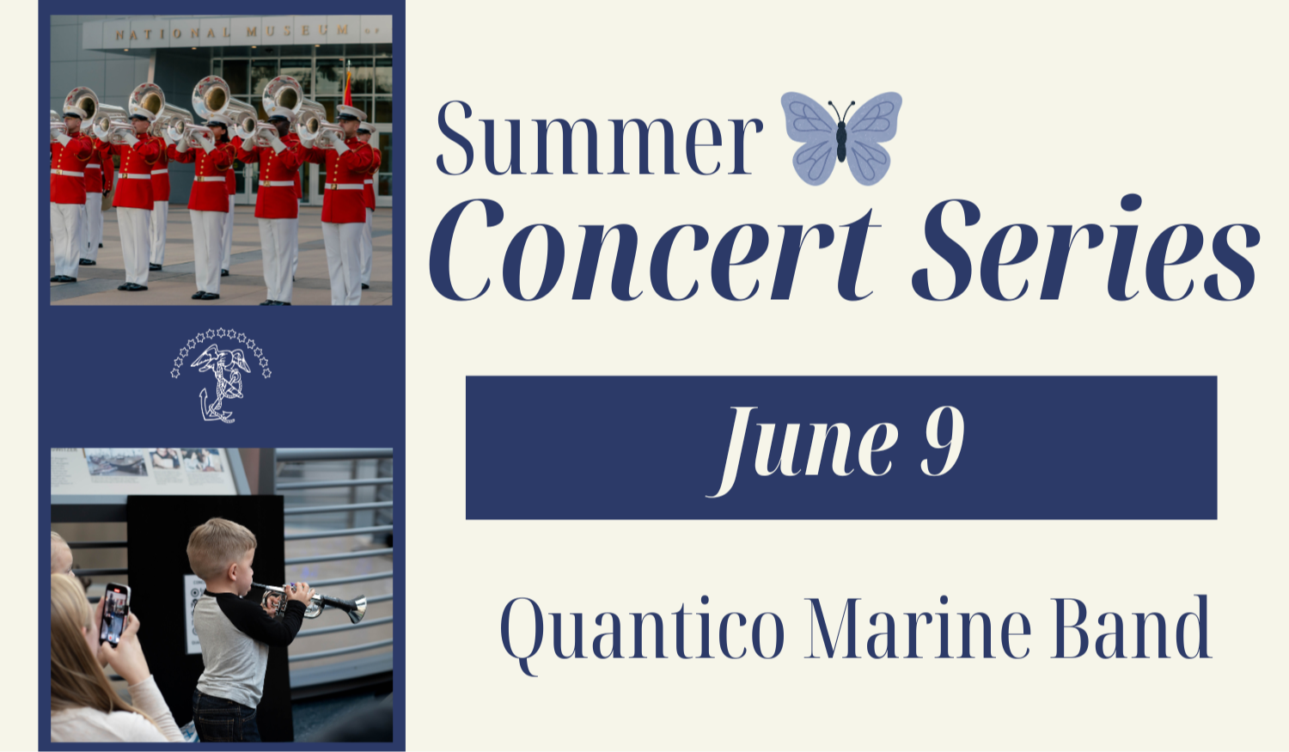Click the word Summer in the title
point(599,140)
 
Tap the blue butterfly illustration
point(840,138)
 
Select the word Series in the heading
point(1084,251)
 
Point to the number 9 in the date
point(943,443)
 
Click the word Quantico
point(642,629)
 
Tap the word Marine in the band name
point(918,629)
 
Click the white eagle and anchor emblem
point(221,376)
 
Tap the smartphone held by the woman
point(114,613)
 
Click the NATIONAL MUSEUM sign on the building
point(232,33)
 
